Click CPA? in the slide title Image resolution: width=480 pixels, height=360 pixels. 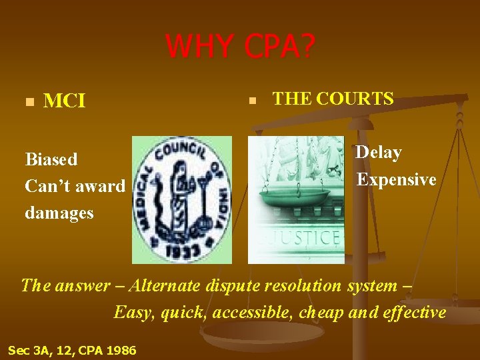pos(281,47)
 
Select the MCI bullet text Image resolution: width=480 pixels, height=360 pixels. pos(64,101)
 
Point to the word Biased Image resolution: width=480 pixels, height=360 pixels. pos(51,159)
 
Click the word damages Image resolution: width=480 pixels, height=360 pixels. pos(59,213)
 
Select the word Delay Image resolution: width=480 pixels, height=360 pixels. pos(379,153)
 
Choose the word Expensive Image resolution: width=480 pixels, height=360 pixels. pos(396,179)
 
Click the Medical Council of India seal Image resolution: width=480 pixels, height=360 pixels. pos(182,199)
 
